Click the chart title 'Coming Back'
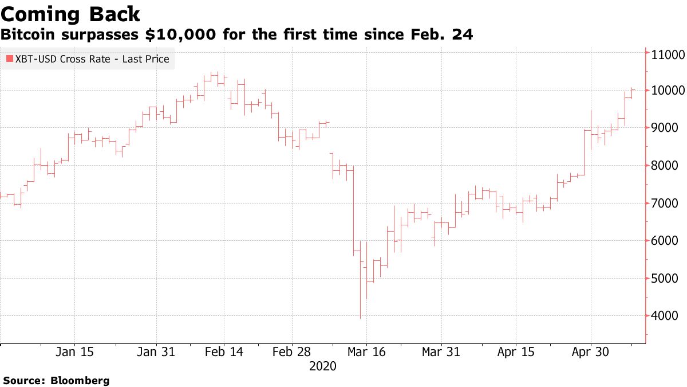coord(70,14)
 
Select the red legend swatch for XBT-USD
coord(9,58)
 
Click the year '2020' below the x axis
coord(323,366)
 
